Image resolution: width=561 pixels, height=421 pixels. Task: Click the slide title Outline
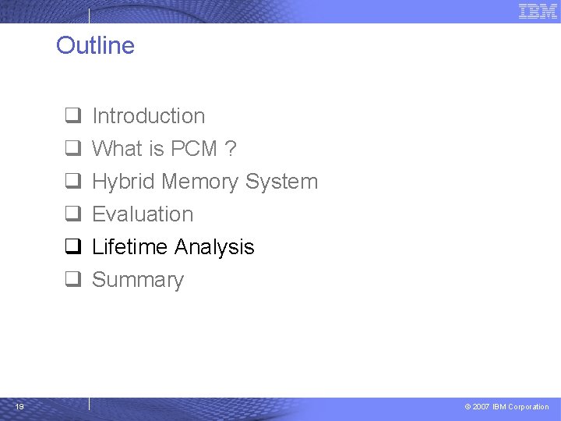(x=95, y=45)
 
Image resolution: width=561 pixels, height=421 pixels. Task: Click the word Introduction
(x=148, y=116)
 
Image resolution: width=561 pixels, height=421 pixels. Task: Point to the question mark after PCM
(x=231, y=149)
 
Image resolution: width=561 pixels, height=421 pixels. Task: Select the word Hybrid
(x=123, y=182)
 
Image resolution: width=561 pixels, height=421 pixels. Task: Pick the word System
(x=281, y=182)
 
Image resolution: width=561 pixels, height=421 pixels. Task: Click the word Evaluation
(x=143, y=214)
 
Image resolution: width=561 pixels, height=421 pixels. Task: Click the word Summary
(x=138, y=280)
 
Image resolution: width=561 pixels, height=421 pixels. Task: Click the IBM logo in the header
(x=538, y=11)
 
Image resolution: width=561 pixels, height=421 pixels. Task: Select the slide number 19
(x=19, y=406)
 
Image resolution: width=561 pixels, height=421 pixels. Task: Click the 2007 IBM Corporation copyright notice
(x=506, y=407)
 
